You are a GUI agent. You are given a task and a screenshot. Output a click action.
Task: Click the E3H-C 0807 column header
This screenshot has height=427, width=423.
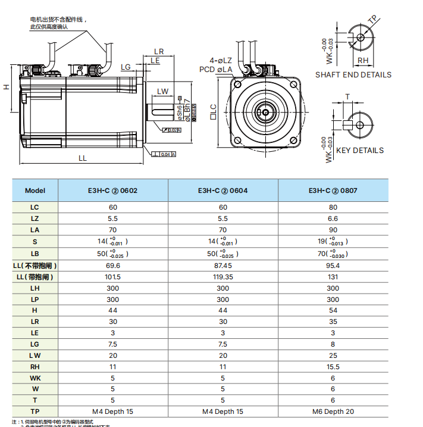coord(333,191)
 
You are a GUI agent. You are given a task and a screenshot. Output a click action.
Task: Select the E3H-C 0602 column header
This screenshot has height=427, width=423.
coord(112,191)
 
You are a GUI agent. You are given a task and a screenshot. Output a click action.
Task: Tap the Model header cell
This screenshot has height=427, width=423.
coord(35,191)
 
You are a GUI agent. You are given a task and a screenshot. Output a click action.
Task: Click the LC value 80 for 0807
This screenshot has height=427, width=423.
coord(333,207)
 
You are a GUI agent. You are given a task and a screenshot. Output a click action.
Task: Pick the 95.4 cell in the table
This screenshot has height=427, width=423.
coord(333,265)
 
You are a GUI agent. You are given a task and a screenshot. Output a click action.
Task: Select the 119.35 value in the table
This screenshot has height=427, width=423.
coord(223,277)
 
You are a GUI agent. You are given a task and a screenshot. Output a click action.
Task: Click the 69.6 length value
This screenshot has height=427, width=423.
coord(112,265)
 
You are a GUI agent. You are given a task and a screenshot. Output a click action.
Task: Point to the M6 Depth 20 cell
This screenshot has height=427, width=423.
coord(333,412)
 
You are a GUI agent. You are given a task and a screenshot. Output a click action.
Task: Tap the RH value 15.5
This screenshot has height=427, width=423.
coord(333,366)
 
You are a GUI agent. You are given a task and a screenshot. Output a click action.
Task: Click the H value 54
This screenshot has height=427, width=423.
coord(333,311)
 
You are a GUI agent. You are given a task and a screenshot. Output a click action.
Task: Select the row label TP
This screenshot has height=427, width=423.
coord(35,412)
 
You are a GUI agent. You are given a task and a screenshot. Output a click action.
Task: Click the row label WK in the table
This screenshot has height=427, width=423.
coord(35,377)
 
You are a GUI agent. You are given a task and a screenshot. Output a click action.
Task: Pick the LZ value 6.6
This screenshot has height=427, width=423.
coord(333,219)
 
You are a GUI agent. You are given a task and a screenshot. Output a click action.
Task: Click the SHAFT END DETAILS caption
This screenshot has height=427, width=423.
coord(353,75)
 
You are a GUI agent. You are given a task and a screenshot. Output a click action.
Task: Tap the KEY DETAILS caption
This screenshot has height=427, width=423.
coord(359,151)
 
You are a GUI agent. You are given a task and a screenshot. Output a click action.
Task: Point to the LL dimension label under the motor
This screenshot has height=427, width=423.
coord(83,158)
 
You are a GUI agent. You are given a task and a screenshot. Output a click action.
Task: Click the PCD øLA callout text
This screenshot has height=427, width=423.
coord(215,70)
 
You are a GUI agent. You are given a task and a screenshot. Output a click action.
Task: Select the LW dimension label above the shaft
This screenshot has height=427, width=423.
coord(162,91)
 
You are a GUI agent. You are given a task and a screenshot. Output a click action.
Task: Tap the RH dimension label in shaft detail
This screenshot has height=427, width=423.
coord(362,60)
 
